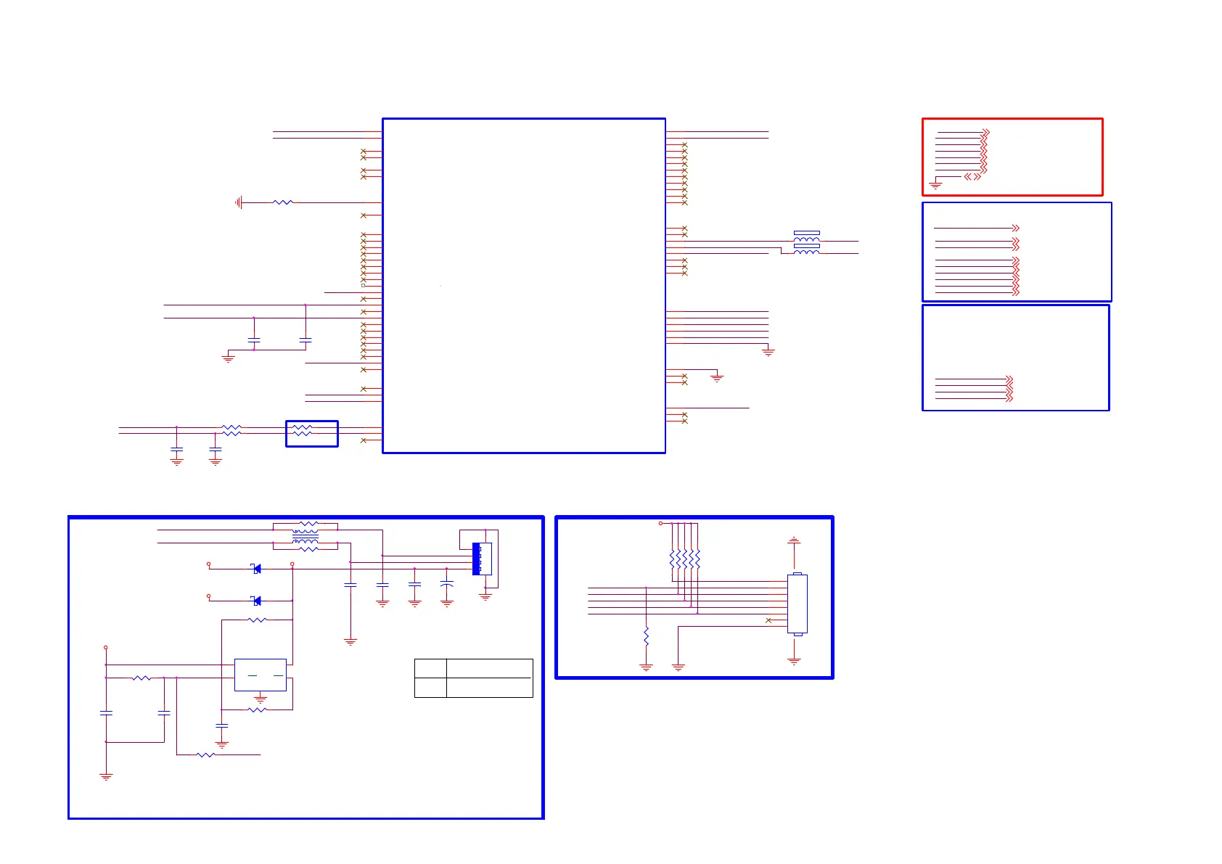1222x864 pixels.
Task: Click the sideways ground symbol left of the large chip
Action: pyautogui.click(x=238, y=202)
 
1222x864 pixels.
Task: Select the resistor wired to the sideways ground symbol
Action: pyautogui.click(x=283, y=202)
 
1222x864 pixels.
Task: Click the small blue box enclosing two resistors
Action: pyautogui.click(x=312, y=434)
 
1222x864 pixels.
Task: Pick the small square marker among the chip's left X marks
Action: pyautogui.click(x=364, y=285)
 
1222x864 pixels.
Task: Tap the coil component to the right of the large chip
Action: pyautogui.click(x=806, y=242)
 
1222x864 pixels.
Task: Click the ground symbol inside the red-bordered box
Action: pyautogui.click(x=935, y=185)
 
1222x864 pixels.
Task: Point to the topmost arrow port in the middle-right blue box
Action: pyautogui.click(x=1016, y=228)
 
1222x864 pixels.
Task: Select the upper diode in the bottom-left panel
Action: pyautogui.click(x=256, y=569)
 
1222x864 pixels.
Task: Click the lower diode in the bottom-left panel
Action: pyautogui.click(x=256, y=601)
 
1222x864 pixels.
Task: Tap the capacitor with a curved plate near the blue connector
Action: pyautogui.click(x=447, y=583)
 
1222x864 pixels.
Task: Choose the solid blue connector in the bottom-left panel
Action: pyautogui.click(x=477, y=559)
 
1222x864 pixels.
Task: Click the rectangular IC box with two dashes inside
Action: pyautogui.click(x=261, y=675)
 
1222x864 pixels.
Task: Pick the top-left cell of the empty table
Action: pyautogui.click(x=430, y=668)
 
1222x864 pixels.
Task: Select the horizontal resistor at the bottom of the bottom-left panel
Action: pyautogui.click(x=206, y=755)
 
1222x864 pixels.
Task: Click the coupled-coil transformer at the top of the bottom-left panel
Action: pyautogui.click(x=305, y=536)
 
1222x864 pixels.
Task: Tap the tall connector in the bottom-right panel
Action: pyautogui.click(x=797, y=604)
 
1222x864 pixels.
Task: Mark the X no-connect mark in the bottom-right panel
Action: pyautogui.click(x=768, y=620)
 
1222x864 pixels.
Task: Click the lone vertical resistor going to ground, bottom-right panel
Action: pyautogui.click(x=646, y=637)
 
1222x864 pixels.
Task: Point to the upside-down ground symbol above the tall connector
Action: pyautogui.click(x=794, y=540)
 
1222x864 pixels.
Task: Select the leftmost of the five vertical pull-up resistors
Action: pyautogui.click(x=673, y=559)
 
